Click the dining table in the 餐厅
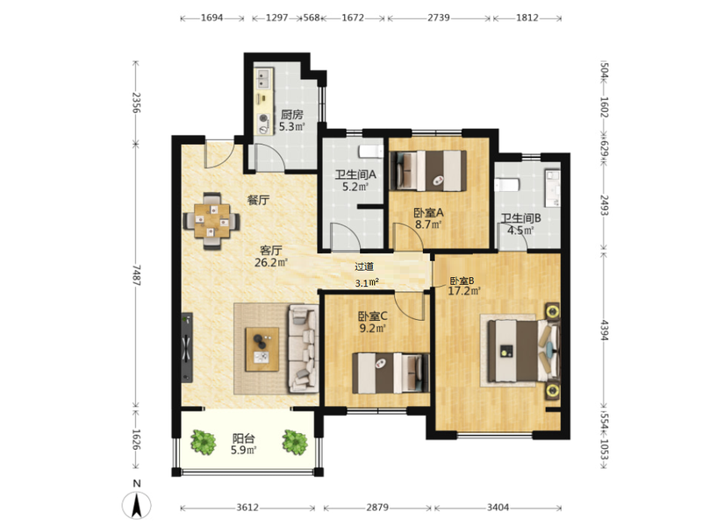click(x=211, y=221)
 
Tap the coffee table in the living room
click(x=261, y=349)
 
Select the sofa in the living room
click(x=304, y=348)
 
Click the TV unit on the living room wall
click(x=187, y=347)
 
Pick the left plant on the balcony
click(x=204, y=442)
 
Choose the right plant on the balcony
click(x=295, y=442)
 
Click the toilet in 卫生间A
click(x=371, y=152)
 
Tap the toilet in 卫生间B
click(x=507, y=185)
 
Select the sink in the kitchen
click(x=262, y=79)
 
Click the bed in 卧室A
click(x=429, y=171)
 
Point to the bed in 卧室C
click(x=390, y=373)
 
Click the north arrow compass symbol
click(x=137, y=505)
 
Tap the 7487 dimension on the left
click(x=137, y=275)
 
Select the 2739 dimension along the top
click(x=438, y=18)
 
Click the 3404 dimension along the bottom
click(x=498, y=508)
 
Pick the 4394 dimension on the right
click(x=604, y=331)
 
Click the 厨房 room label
click(x=292, y=116)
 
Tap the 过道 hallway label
click(x=364, y=267)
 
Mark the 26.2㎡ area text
click(x=271, y=262)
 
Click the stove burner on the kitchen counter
click(x=263, y=119)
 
